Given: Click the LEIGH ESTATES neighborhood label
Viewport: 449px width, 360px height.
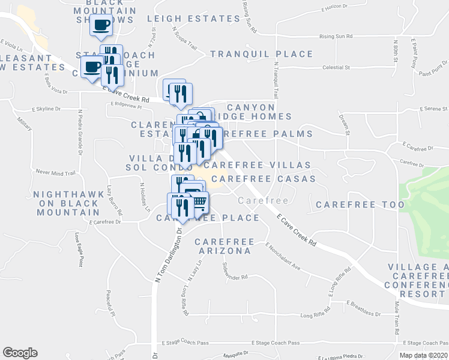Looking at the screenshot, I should coord(188,19).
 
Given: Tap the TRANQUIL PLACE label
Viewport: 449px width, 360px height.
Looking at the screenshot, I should coord(261,55).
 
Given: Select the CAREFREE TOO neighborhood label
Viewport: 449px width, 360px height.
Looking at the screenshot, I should coord(360,205).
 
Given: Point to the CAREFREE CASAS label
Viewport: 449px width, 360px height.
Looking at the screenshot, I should coord(263,179).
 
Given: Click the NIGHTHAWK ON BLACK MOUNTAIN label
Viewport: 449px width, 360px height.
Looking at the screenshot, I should coord(65,203).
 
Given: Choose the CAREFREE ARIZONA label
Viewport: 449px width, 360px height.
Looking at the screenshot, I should coord(222,246).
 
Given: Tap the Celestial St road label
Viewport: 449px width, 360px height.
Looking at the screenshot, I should coord(336,68).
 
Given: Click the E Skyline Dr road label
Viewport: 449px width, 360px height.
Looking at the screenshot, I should coord(46,110).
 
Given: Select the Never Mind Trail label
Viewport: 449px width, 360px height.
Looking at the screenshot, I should coord(55,172).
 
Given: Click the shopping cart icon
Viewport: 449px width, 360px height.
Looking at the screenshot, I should coord(200,203).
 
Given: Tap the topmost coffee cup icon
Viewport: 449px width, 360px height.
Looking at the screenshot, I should coord(101,25).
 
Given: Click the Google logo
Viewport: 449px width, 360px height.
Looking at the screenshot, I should coord(20,353).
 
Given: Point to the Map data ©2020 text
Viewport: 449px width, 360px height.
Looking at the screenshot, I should coord(423,355).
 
